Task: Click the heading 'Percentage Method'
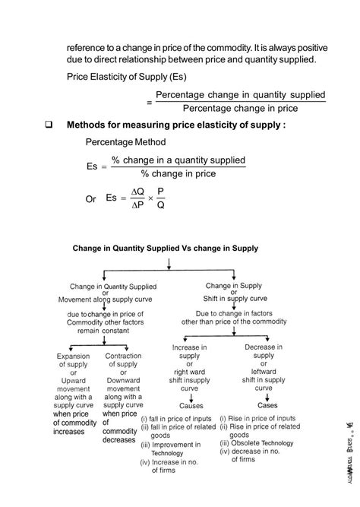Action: pyautogui.click(x=125, y=142)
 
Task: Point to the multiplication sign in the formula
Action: pyautogui.click(x=150, y=198)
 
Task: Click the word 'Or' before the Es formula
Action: pyautogui.click(x=91, y=199)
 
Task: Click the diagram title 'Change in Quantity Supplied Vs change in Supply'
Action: pyautogui.click(x=166, y=248)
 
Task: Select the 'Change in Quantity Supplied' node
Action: pyautogui.click(x=113, y=287)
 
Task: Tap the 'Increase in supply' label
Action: pyautogui.click(x=191, y=352)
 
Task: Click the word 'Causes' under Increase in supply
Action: pyautogui.click(x=191, y=405)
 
